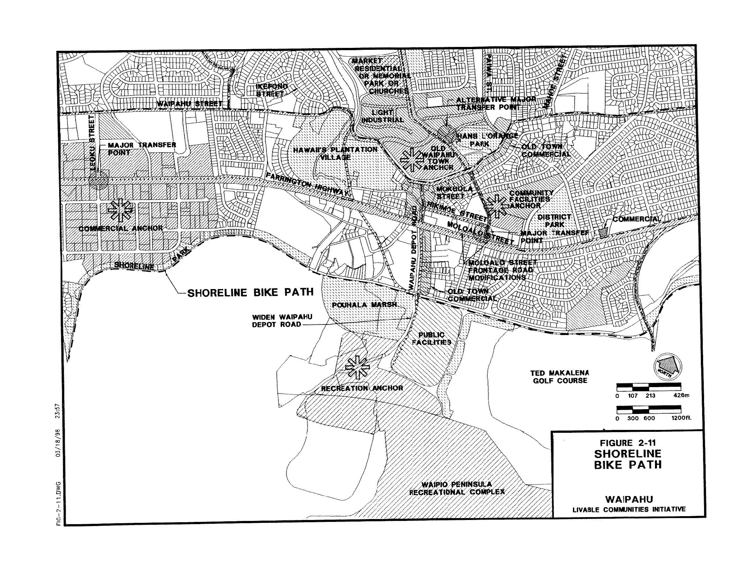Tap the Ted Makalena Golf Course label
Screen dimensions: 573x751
(x=560, y=377)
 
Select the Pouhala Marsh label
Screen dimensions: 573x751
(x=364, y=305)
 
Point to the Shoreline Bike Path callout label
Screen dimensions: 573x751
(x=250, y=292)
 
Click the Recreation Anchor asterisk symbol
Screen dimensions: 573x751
(x=357, y=367)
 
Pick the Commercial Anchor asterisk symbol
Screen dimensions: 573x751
(x=120, y=210)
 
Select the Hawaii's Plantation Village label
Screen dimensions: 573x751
(x=336, y=153)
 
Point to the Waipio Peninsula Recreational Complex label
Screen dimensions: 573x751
(x=457, y=488)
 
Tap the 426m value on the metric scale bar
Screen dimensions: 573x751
(x=681, y=396)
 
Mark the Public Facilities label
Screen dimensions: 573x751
(x=432, y=338)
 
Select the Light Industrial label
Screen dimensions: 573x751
(x=382, y=116)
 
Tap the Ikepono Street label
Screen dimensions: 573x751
(x=271, y=90)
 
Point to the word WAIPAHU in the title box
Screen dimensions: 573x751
(x=629, y=499)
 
